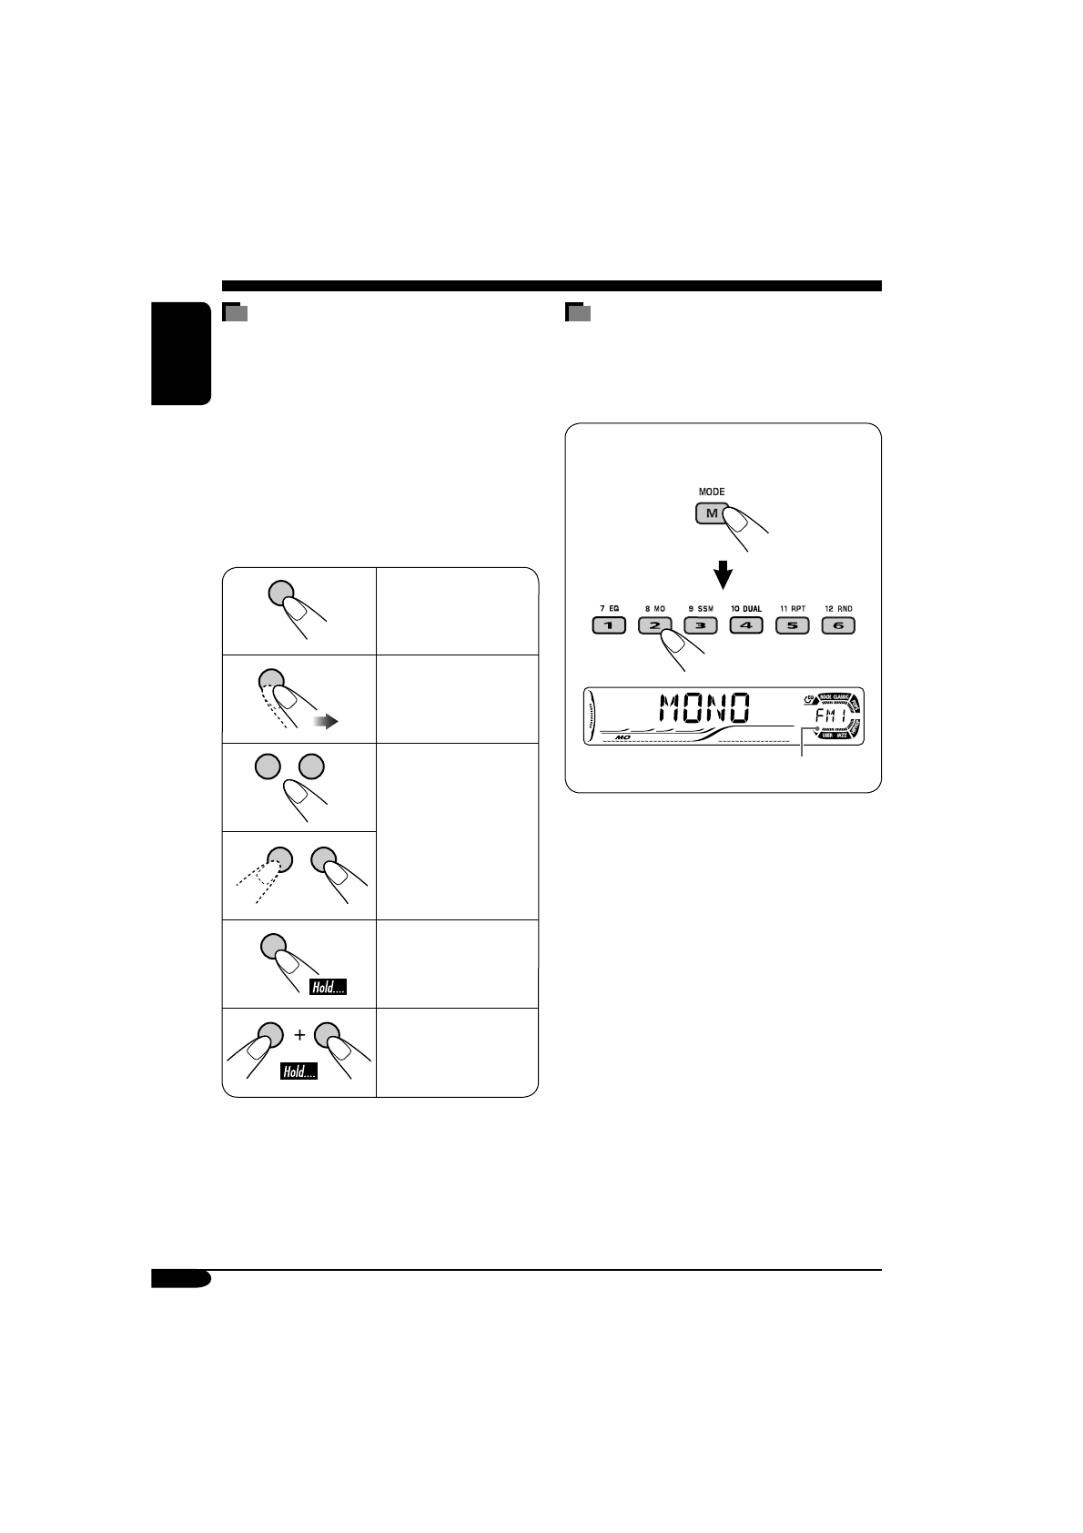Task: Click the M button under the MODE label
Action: (x=711, y=513)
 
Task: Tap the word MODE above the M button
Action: (x=712, y=492)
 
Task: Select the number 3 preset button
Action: (x=701, y=625)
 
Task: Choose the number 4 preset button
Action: (x=746, y=625)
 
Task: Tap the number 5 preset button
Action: (x=792, y=625)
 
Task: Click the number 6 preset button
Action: (x=838, y=625)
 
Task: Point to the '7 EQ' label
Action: (x=609, y=608)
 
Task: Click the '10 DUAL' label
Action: (x=746, y=608)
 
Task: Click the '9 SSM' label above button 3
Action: (x=701, y=608)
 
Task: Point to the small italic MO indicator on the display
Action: (x=623, y=736)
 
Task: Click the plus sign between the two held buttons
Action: (x=299, y=1035)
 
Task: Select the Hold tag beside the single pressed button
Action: (x=328, y=987)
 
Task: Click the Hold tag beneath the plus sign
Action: (x=299, y=1071)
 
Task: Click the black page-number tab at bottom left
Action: (x=181, y=1279)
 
